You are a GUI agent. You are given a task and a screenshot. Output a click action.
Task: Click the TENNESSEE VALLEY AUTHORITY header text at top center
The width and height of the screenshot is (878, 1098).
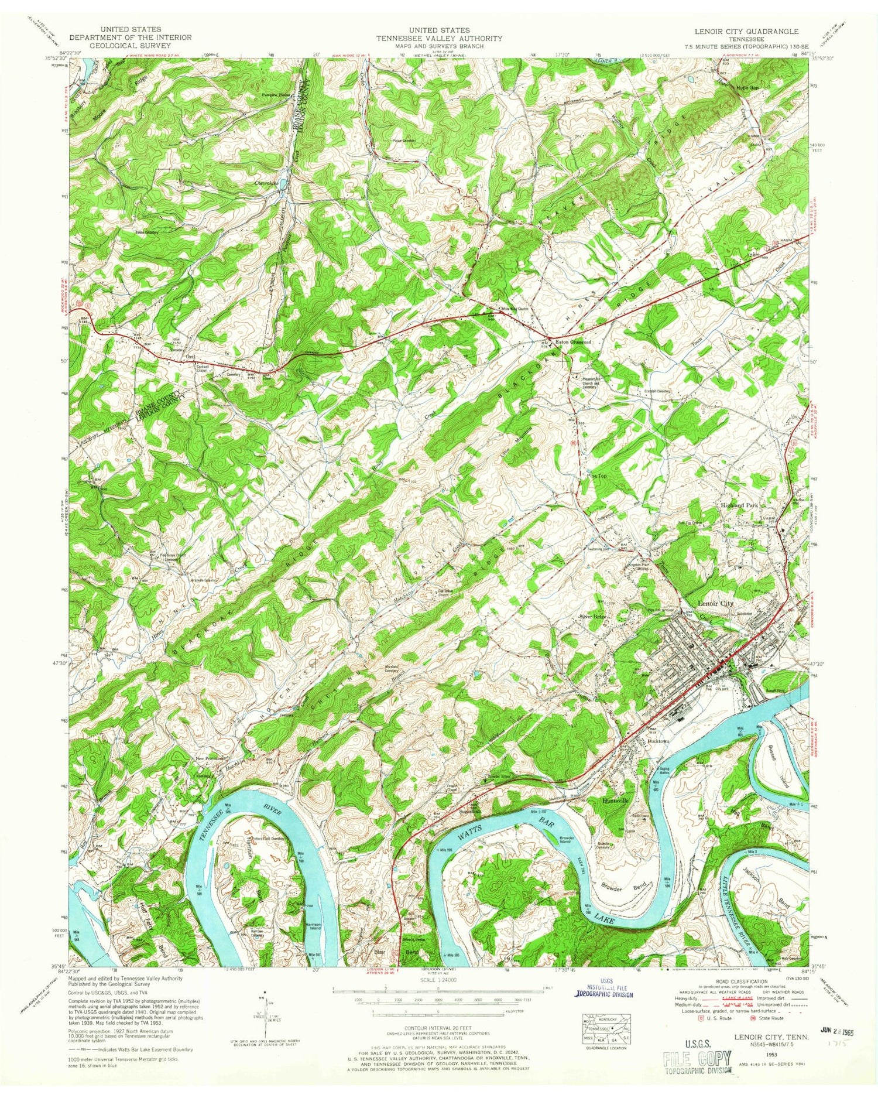pos(438,38)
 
